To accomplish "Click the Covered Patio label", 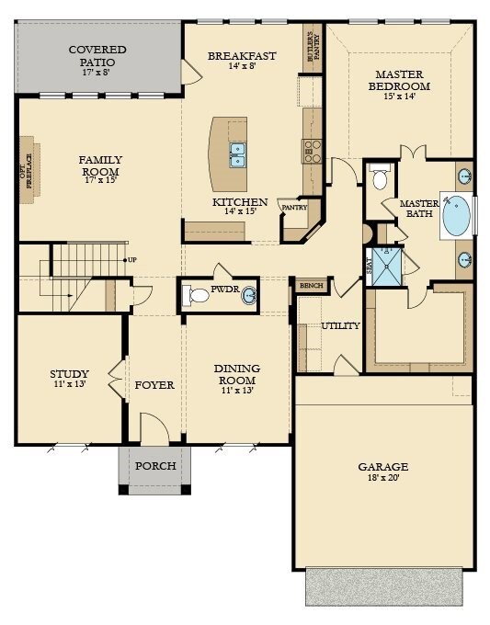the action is [97, 61].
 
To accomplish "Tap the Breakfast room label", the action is [242, 60].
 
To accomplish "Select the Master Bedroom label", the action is [399, 85].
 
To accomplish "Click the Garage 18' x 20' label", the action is [382, 472].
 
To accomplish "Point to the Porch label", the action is [155, 466].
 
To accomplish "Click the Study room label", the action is [69, 379].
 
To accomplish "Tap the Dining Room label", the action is [237, 379].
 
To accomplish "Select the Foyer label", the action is [154, 385].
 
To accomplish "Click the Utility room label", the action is [340, 325].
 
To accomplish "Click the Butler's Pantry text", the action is [313, 47].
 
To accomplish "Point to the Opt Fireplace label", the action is [27, 171].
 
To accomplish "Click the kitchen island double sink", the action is [237, 155].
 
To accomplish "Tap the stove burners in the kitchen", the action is [312, 151].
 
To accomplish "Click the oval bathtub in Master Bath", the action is [457, 215].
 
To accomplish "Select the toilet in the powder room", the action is [196, 296].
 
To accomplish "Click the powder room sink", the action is [249, 296].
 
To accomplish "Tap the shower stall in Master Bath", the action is [387, 267].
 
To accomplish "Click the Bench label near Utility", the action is [311, 286].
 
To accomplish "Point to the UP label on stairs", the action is [132, 260].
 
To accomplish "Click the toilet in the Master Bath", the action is [379, 176].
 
